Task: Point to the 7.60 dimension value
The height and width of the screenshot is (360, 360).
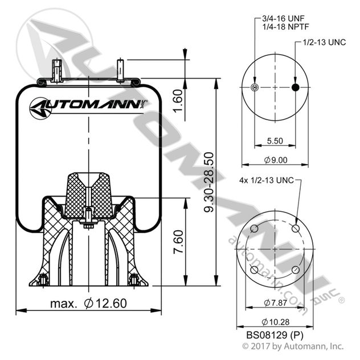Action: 194,243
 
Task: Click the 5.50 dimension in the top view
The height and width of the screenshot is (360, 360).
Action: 275,140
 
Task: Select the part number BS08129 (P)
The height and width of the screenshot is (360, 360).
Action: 274,336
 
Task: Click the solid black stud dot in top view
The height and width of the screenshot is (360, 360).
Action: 295,87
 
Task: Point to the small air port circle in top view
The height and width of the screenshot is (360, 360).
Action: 255,87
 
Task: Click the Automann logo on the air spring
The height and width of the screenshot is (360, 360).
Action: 88,107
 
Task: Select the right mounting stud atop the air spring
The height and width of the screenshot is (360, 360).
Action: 120,69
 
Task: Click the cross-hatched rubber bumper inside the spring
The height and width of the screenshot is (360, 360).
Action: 88,197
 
